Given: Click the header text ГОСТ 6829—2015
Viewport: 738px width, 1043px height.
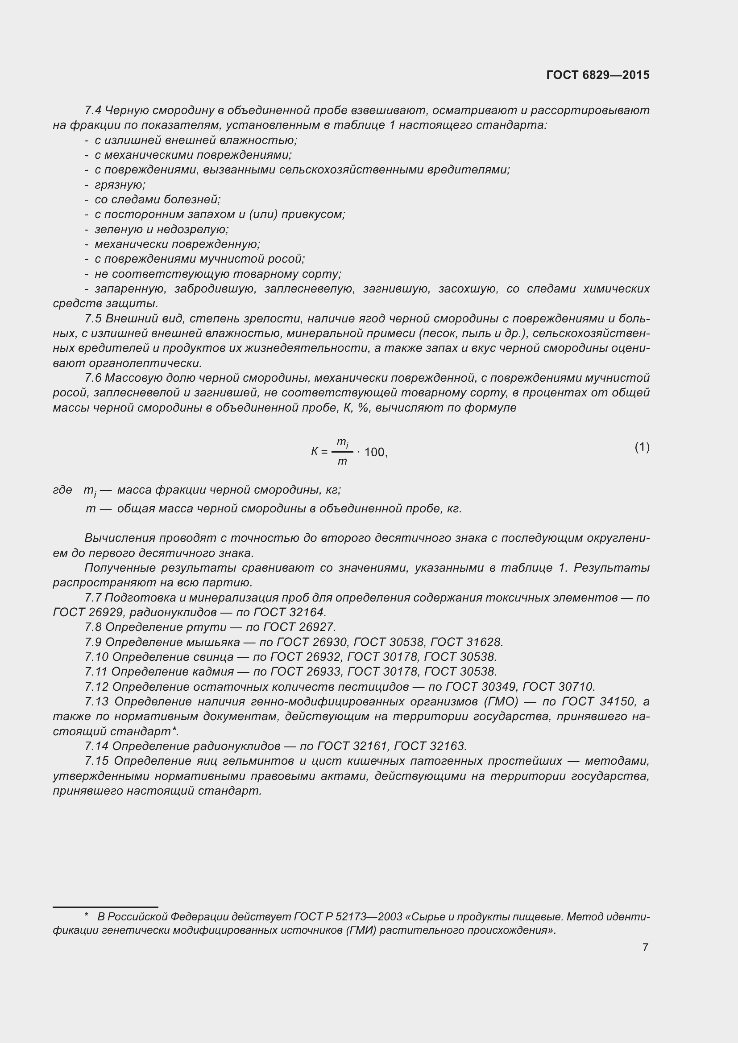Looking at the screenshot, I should [597, 75].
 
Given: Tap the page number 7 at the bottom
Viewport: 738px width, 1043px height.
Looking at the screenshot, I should [645, 947].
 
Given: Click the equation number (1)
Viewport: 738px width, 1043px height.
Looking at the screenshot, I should [642, 447].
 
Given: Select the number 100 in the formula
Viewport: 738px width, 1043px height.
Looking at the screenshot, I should [375, 453].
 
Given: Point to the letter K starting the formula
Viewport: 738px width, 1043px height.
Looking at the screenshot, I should [315, 452].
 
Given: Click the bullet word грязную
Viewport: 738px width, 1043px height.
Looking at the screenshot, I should [120, 185].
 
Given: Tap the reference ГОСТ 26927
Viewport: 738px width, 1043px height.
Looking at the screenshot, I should [299, 627].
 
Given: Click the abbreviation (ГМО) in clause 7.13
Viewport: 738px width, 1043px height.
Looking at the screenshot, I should [502, 701].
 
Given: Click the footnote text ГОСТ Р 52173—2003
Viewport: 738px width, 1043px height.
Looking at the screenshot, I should [348, 917].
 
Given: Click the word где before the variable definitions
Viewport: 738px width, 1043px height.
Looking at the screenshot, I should [62, 490].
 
